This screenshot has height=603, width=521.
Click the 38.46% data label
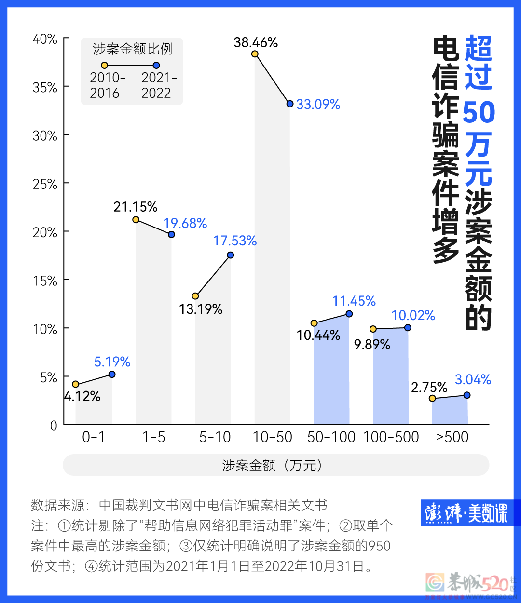(x=256, y=42)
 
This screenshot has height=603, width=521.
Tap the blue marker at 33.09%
(x=290, y=104)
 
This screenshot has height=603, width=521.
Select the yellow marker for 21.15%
(x=136, y=220)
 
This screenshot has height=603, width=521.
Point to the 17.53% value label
(x=235, y=241)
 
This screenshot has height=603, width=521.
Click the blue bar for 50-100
(x=331, y=376)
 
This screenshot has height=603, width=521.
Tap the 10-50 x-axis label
(x=273, y=437)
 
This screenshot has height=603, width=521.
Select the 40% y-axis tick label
(x=45, y=39)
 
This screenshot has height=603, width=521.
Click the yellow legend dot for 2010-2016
(x=104, y=66)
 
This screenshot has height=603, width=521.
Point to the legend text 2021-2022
(x=159, y=85)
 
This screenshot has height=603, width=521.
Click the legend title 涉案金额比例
(x=132, y=49)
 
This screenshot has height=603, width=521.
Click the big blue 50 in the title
(x=479, y=112)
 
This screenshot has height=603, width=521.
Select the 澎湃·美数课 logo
(x=466, y=513)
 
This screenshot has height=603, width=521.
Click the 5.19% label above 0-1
(x=112, y=362)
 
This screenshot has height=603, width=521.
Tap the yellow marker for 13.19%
(x=195, y=296)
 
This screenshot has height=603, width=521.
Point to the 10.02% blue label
(x=413, y=315)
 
